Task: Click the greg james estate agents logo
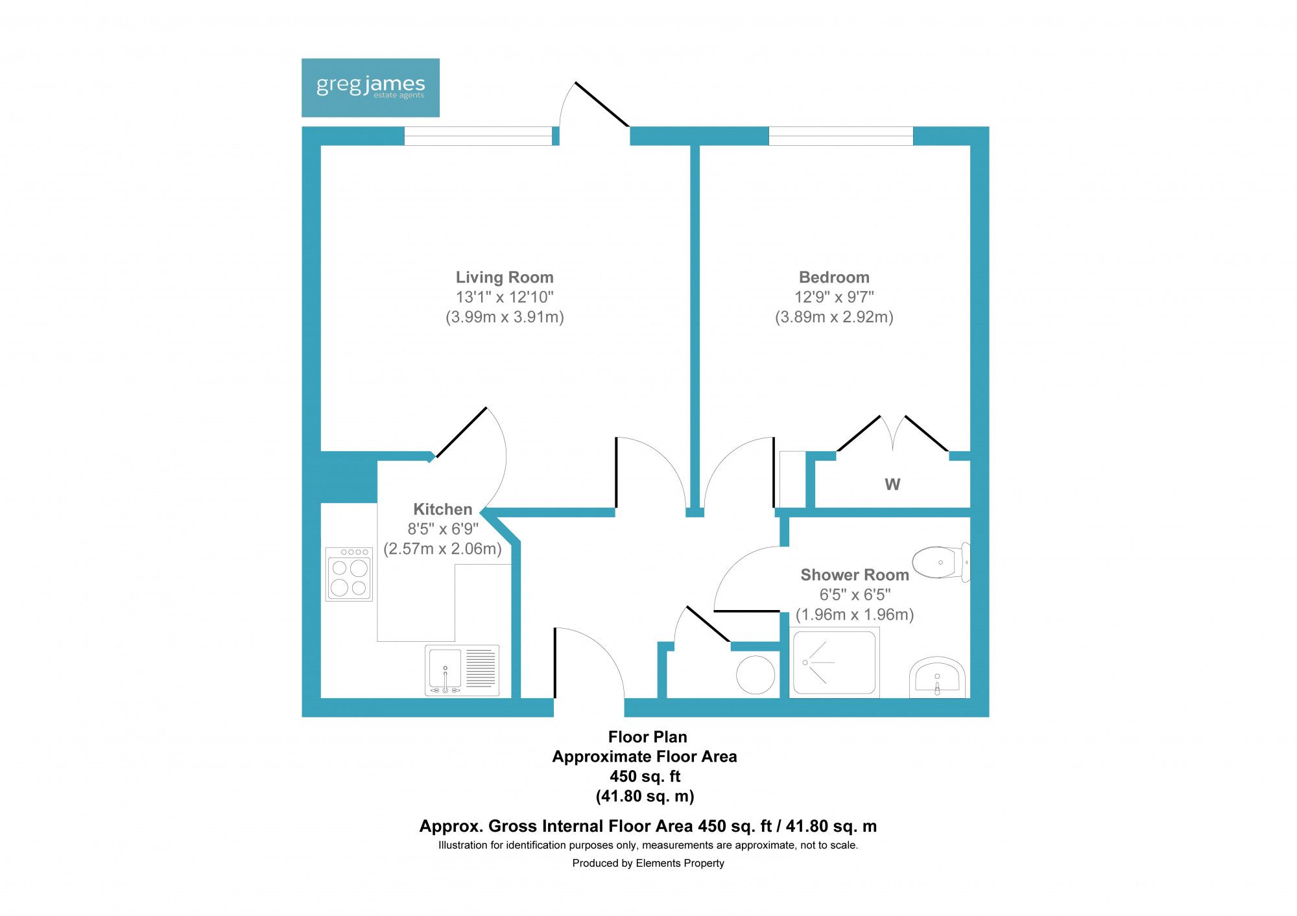370,88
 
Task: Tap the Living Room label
505,277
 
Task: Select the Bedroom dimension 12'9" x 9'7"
834,297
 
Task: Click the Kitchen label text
442,509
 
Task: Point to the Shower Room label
854,575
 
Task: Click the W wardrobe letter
892,484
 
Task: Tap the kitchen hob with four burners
349,574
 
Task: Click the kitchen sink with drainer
462,670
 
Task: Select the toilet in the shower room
940,561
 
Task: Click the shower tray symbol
834,663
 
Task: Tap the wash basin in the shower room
937,678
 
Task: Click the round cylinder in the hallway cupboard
756,675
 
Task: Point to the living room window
478,136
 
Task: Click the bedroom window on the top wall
840,136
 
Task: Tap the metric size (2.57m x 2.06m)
442,549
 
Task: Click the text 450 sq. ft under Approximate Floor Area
645,776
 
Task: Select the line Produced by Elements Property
648,863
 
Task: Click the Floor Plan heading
647,736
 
